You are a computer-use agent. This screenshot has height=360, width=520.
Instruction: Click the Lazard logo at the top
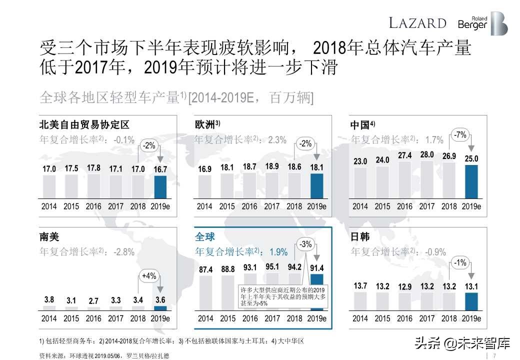coord(417,23)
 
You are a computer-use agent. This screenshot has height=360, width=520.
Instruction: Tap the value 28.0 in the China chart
coord(426,155)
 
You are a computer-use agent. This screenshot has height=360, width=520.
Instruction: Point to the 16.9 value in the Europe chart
coord(204,169)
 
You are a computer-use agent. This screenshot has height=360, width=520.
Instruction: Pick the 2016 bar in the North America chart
coord(93,185)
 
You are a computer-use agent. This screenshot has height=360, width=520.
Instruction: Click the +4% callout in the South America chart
coord(149,276)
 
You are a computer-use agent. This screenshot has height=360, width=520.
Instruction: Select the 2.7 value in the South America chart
coord(93,301)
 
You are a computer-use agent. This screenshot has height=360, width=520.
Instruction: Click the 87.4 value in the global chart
coord(205,269)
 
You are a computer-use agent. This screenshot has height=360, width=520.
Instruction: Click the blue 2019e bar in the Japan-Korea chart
coord(471,302)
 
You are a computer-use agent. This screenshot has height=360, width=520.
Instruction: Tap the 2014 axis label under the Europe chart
coord(204,206)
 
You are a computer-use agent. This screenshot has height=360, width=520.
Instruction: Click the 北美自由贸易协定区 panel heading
coord(84,124)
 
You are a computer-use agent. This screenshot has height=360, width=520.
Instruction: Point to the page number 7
coord(494,355)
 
